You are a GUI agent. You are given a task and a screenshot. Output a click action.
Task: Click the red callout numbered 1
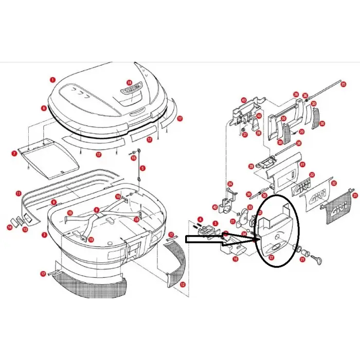(52, 80)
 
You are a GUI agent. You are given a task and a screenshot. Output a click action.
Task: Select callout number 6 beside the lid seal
(44, 108)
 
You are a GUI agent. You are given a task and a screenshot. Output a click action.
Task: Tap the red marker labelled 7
(14, 153)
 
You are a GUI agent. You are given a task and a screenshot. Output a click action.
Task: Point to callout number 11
(18, 194)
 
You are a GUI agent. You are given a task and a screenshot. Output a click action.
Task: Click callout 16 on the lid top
(129, 82)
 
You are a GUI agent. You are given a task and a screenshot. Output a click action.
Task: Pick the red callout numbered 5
(143, 168)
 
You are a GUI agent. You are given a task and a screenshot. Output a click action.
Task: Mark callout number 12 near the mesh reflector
(183, 284)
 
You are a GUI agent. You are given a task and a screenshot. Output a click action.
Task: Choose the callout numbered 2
(44, 235)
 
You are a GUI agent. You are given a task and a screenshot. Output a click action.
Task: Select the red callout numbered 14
(9, 227)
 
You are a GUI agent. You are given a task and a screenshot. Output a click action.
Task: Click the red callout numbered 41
(303, 165)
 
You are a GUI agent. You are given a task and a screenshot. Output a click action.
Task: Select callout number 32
(334, 183)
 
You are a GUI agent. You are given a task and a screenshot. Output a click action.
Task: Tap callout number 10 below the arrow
(235, 259)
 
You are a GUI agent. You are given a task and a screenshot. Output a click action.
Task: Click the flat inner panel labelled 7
(49, 157)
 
